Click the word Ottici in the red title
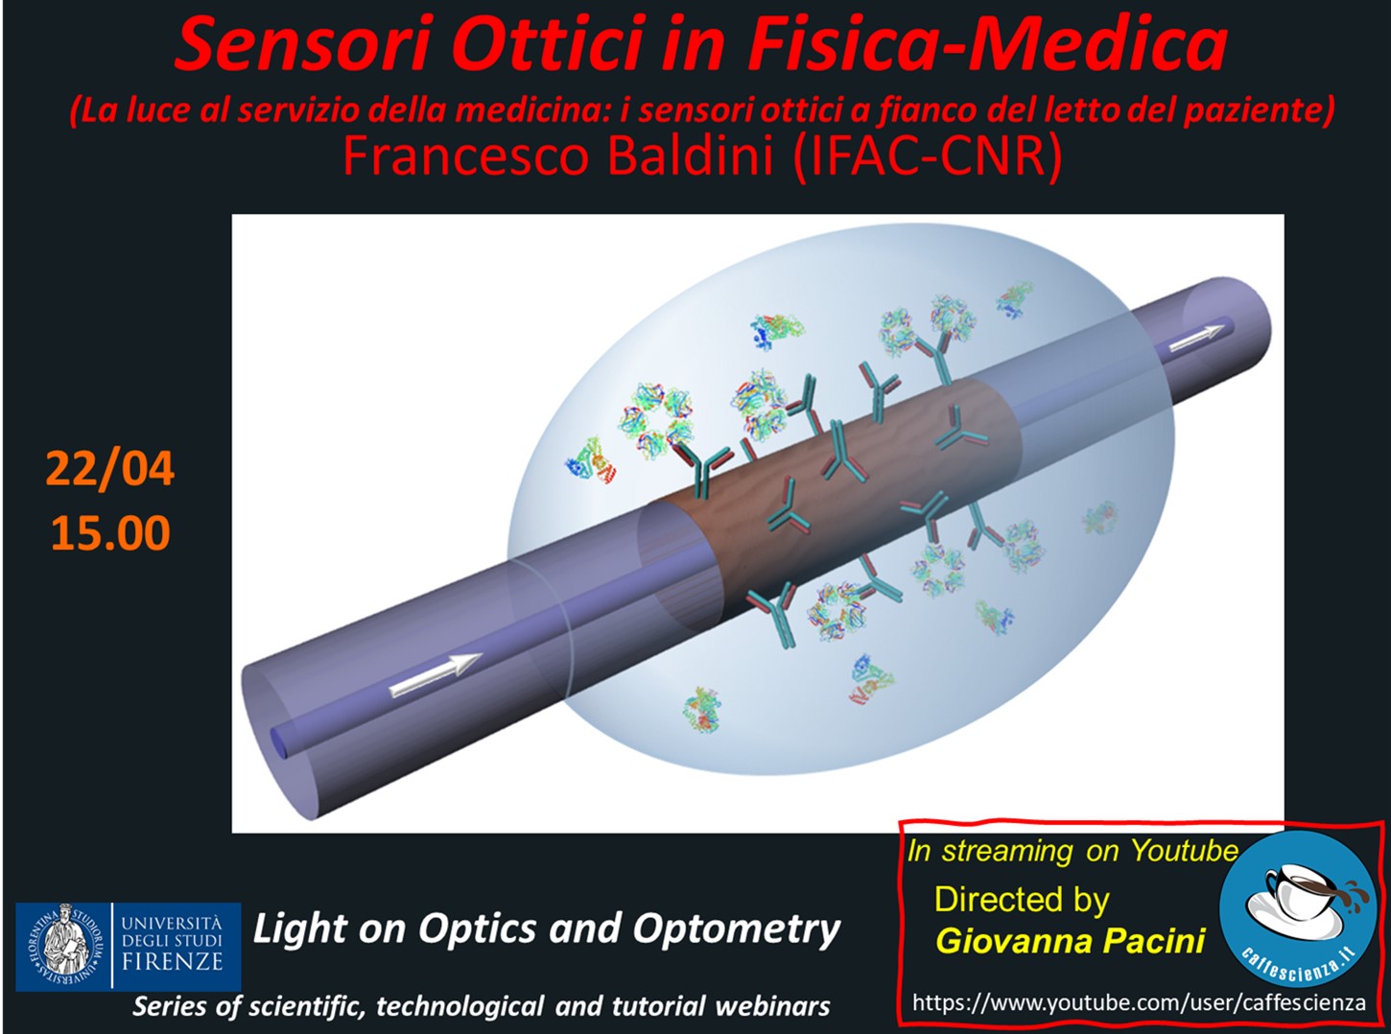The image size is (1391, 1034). tap(552, 44)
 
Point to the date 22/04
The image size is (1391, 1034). tap(109, 468)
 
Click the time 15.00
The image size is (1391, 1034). tap(110, 533)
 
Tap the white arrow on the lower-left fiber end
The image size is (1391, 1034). tap(436, 674)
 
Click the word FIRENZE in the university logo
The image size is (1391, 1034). tap(172, 961)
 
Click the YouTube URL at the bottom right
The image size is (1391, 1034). tap(1139, 1002)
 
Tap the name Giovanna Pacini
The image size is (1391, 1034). tap(1070, 941)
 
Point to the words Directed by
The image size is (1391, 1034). tap(1022, 900)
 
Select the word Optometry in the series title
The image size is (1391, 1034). tap(736, 929)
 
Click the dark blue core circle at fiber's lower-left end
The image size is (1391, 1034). tap(278, 742)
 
